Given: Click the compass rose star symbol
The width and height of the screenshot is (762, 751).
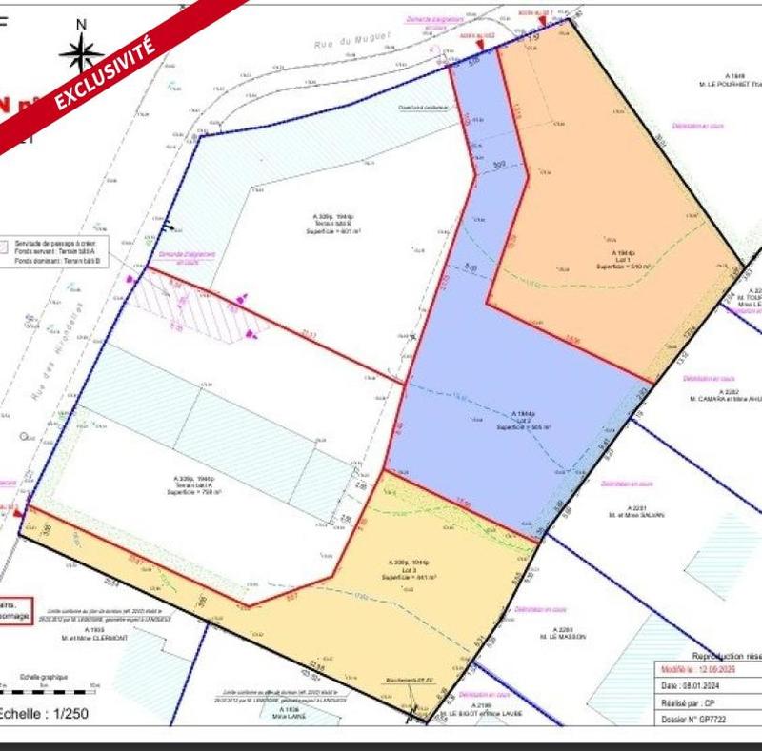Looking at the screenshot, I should click(81, 53).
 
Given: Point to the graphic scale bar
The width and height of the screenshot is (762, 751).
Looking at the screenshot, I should click(48, 685).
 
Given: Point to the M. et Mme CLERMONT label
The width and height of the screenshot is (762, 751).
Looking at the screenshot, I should click(94, 635).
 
